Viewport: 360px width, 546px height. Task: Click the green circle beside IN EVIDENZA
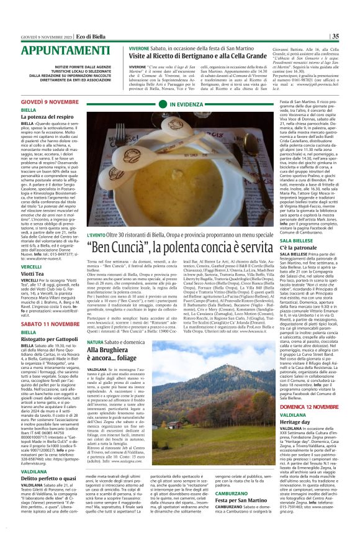163,104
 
